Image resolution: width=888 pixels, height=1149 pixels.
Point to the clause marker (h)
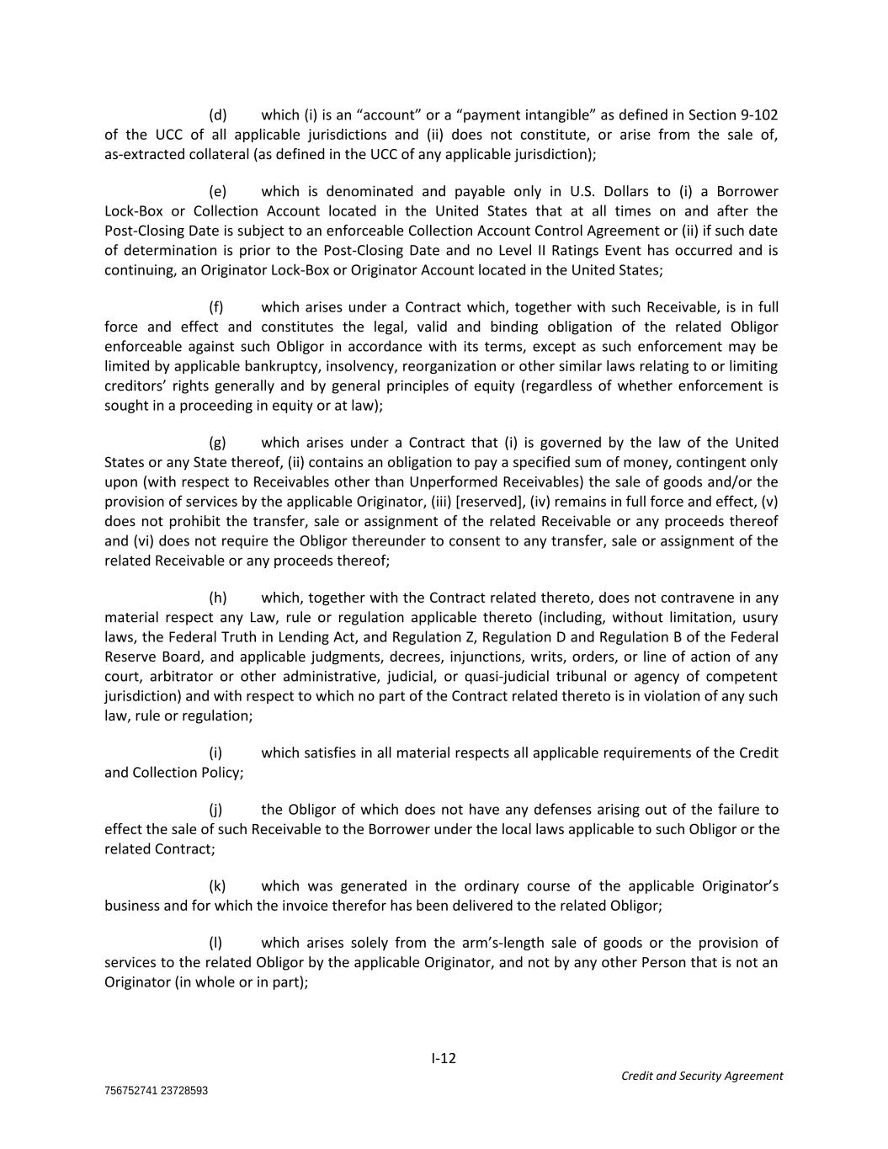click(218, 598)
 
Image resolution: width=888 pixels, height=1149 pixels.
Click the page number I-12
click(444, 1058)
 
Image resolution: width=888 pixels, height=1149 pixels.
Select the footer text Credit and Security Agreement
click(701, 1076)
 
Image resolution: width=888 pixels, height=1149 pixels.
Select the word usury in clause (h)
click(760, 617)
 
